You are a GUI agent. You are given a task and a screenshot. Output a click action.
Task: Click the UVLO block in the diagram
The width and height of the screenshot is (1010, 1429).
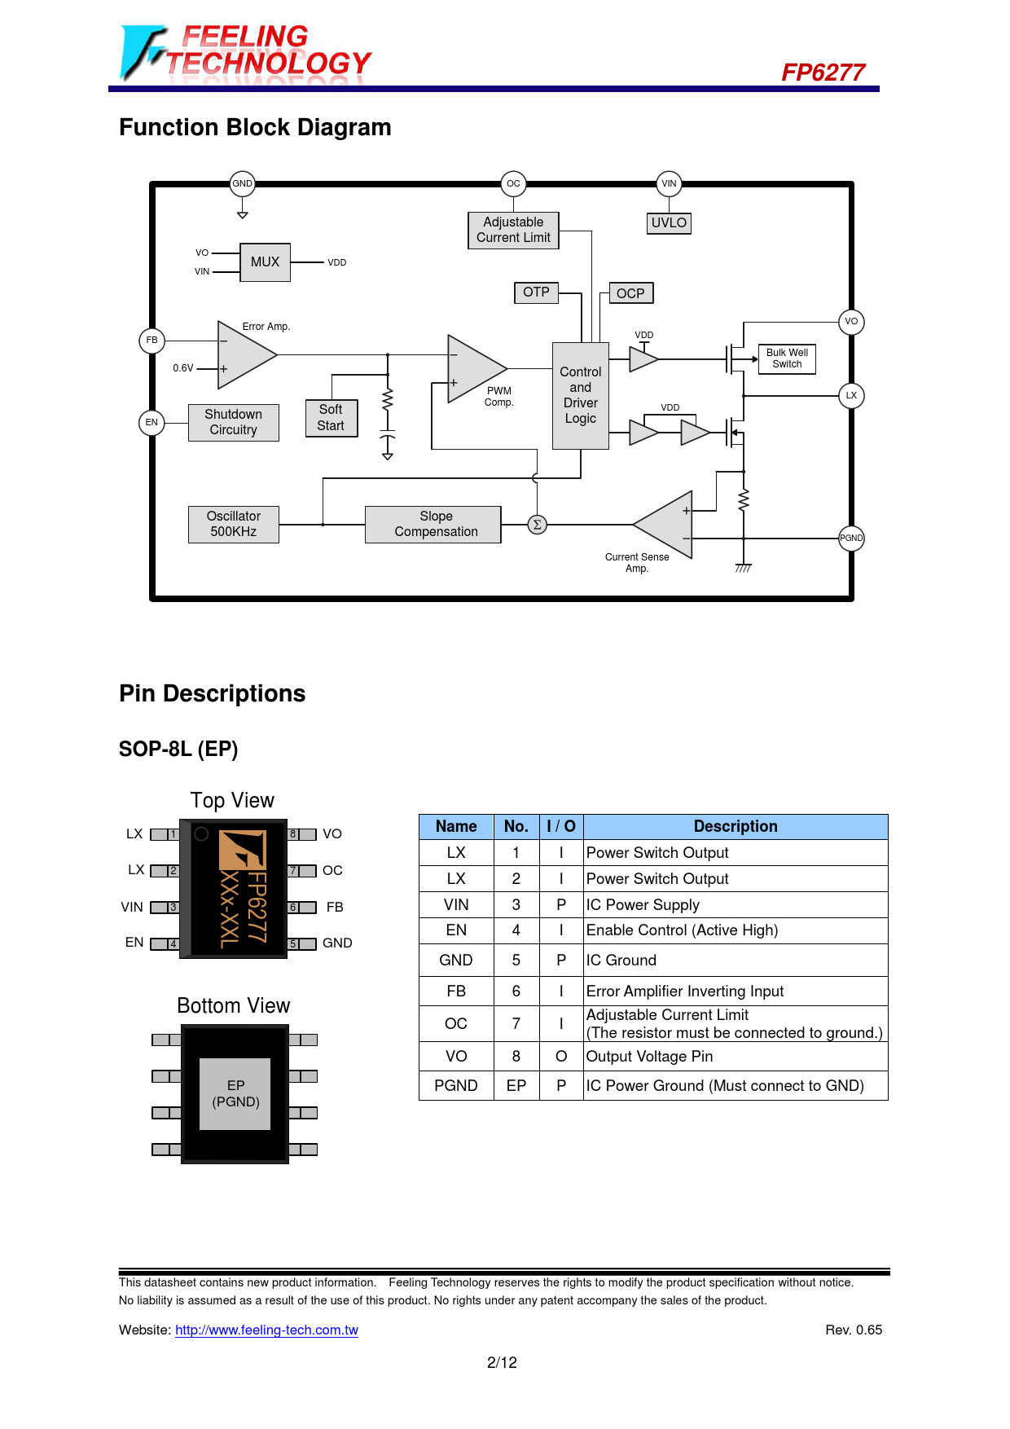tap(669, 223)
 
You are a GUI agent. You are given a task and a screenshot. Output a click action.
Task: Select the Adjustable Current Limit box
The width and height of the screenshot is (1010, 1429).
tap(513, 230)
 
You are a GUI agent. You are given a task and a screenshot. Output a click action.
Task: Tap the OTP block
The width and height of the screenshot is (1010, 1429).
tap(536, 292)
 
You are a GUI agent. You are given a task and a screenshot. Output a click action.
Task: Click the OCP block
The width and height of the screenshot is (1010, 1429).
tap(630, 293)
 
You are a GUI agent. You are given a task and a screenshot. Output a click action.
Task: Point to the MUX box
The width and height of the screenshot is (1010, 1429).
tap(265, 262)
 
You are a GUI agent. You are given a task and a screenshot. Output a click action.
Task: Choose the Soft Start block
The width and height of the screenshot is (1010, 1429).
tap(331, 418)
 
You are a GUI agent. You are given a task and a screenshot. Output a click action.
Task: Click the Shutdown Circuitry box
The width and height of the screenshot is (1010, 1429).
tap(234, 422)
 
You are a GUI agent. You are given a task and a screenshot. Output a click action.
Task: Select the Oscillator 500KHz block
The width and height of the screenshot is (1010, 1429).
tap(234, 524)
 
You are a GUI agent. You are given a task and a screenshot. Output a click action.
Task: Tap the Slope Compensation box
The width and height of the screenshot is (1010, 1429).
tap(436, 524)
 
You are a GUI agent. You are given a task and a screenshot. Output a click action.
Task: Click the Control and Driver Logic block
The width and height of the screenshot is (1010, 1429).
tap(581, 395)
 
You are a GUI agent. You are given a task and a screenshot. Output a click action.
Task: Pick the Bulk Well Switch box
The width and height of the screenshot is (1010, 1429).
tap(787, 358)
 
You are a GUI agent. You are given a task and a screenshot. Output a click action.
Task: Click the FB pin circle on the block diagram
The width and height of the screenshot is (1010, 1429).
tap(152, 340)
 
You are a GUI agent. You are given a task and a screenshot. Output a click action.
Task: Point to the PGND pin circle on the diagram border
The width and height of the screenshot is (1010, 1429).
tap(851, 538)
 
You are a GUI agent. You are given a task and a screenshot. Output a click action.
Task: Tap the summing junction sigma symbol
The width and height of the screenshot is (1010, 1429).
tap(537, 525)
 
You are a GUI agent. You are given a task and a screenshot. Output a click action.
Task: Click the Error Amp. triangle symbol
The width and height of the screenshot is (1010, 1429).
tap(244, 355)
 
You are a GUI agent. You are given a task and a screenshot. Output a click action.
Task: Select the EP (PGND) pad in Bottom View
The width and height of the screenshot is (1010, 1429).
tap(235, 1093)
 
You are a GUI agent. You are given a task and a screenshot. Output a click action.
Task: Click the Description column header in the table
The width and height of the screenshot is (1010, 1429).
tap(736, 826)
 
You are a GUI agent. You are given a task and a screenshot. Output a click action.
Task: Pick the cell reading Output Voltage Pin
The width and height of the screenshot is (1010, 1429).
tap(650, 1057)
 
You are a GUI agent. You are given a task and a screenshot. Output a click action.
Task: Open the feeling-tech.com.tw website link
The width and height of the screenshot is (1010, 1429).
tap(266, 1330)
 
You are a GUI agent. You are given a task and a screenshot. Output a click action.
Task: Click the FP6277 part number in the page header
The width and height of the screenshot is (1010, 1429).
tap(823, 73)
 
